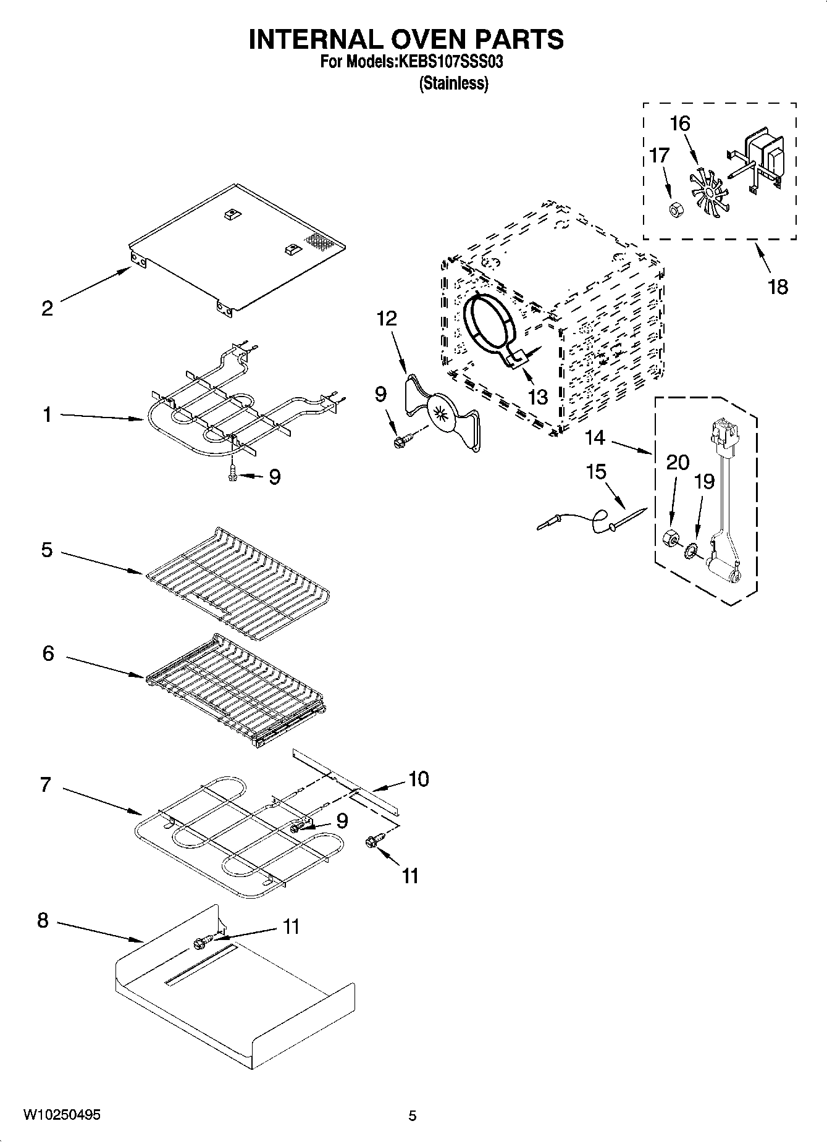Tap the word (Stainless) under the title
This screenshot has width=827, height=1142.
pyautogui.click(x=454, y=83)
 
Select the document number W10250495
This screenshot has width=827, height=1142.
pyautogui.click(x=62, y=1115)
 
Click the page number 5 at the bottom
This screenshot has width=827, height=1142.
pyautogui.click(x=413, y=1115)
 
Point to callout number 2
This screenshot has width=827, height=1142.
pyautogui.click(x=48, y=308)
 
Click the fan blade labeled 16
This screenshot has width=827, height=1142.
pyautogui.click(x=708, y=192)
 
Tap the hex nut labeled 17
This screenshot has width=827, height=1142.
pyautogui.click(x=675, y=209)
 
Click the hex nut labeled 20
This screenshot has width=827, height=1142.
pyautogui.click(x=669, y=537)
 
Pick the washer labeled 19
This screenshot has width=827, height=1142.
pyautogui.click(x=690, y=548)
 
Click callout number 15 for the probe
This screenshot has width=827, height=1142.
pyautogui.click(x=595, y=472)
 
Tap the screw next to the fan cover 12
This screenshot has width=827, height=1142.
pyautogui.click(x=402, y=440)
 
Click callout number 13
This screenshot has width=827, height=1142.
pyautogui.click(x=538, y=397)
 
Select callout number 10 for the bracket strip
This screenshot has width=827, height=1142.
pyautogui.click(x=418, y=779)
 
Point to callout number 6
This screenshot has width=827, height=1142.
pyautogui.click(x=48, y=653)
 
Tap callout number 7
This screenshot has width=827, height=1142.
pyautogui.click(x=46, y=785)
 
